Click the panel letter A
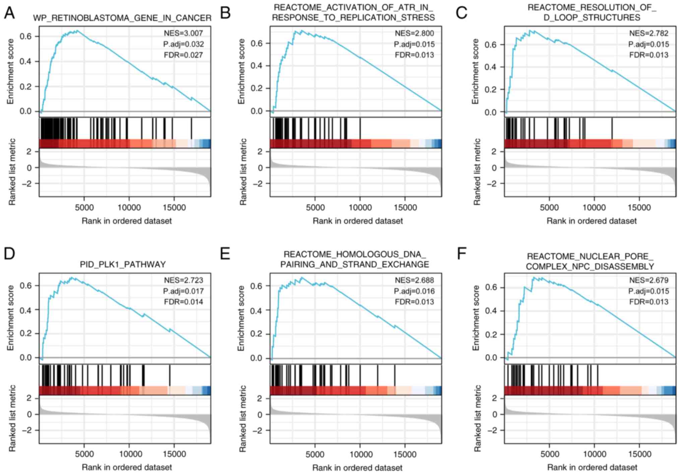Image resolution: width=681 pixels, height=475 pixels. tap(9, 13)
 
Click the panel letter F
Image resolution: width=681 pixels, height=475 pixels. tap(461, 254)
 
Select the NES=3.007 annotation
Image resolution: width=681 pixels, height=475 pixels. tap(183, 33)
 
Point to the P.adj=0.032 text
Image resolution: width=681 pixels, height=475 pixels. tap(183, 44)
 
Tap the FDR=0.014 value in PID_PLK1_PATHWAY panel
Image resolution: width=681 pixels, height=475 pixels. tap(183, 302)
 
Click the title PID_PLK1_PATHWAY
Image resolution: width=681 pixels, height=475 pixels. tap(123, 264)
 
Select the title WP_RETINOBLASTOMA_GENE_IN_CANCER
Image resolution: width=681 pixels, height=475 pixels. tap(122, 18)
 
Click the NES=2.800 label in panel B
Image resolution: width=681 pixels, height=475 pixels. tap(414, 33)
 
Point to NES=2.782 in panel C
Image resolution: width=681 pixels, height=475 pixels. tap(648, 33)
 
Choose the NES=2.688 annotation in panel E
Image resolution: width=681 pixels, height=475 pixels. tap(414, 280)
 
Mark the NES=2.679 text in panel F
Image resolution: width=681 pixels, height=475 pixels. tap(648, 280)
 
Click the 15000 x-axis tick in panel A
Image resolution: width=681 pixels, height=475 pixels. tap(174, 208)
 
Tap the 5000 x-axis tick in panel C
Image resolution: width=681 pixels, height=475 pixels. tap(549, 208)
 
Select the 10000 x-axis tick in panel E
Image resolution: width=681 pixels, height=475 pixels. tap(360, 455)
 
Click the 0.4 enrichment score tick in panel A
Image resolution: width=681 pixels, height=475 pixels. tap(25, 61)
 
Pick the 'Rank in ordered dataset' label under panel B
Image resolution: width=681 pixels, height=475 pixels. tap(358, 221)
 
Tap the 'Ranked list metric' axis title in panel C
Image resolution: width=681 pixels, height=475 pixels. tap(477, 172)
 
